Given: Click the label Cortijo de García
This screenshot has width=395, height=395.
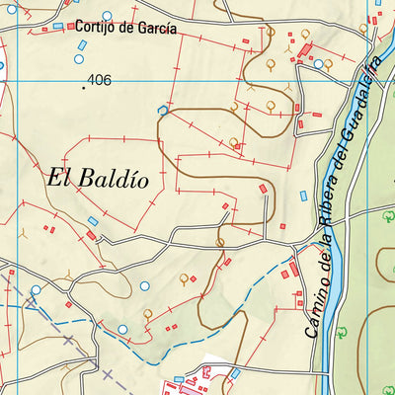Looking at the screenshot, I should coord(125,29).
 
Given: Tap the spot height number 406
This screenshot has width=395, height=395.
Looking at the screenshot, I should coord(100,80).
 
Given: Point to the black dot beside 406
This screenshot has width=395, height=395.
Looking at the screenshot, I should coord(84,87).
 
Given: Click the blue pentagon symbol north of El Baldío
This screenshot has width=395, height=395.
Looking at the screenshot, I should coord(163,110).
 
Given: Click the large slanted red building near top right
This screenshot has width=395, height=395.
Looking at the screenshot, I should coord(305,50).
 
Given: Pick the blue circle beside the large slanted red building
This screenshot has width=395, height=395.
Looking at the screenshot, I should coord(319,64).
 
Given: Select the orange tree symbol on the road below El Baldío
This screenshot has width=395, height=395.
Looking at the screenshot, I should coord(219,240).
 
